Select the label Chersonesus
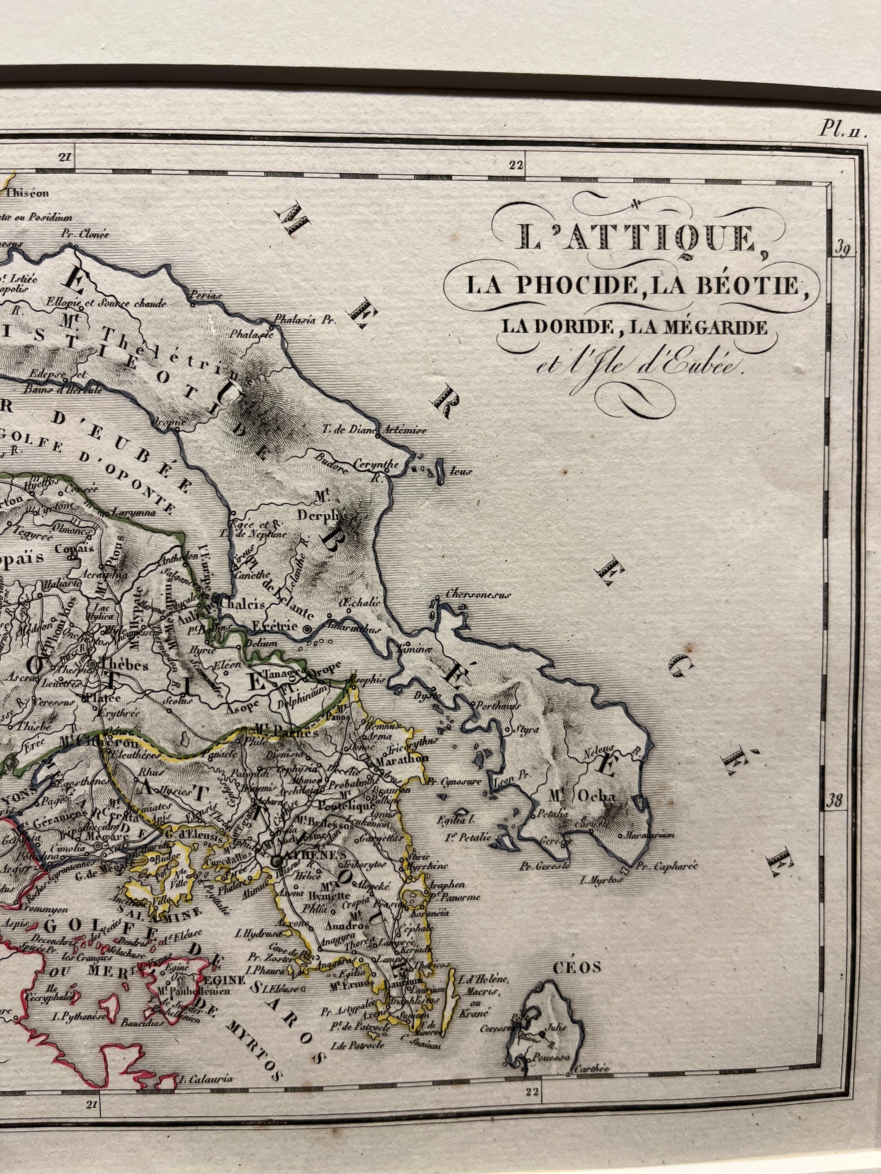pos(478,595)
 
